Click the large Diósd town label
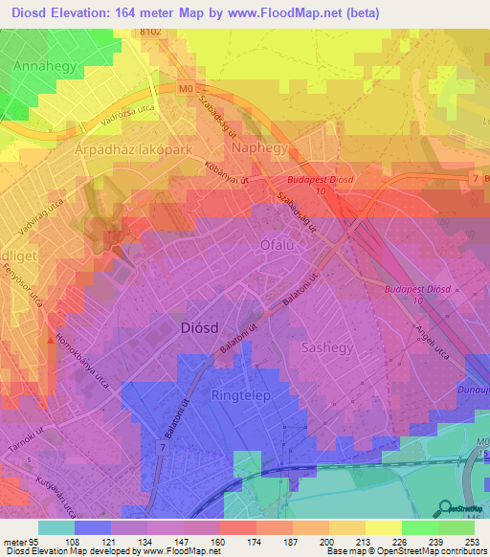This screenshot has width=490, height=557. (203, 327)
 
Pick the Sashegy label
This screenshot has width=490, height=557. (328, 346)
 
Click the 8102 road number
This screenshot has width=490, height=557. (150, 31)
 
